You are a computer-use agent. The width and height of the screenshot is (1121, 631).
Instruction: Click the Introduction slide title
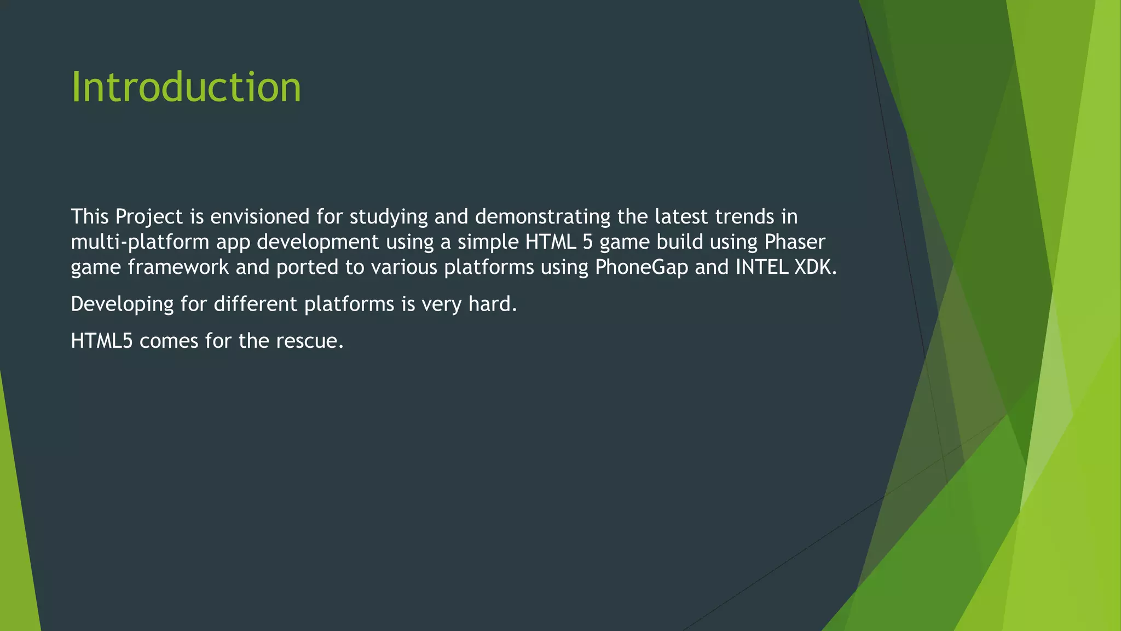pyautogui.click(x=186, y=88)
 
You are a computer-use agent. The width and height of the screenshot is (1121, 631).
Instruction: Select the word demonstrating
pyautogui.click(x=542, y=217)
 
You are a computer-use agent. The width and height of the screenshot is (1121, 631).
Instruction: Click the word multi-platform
pyautogui.click(x=140, y=242)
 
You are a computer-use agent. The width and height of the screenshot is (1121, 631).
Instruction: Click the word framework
pyautogui.click(x=178, y=267)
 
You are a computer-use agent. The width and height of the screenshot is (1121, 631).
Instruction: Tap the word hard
pyautogui.click(x=492, y=304)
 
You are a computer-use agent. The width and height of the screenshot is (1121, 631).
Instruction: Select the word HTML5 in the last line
pyautogui.click(x=102, y=341)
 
